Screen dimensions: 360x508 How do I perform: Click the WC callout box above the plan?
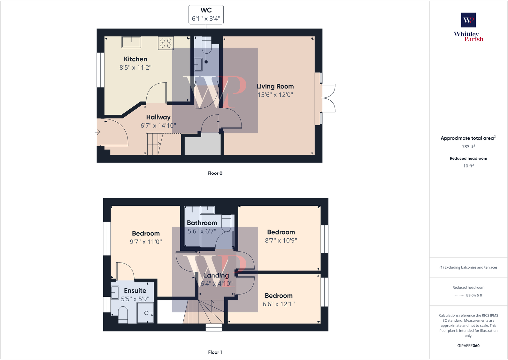[206, 15]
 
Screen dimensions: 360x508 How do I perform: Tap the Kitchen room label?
[135, 59]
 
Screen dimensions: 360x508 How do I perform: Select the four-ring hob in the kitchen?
[166, 43]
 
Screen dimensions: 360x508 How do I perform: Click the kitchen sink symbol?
[131, 42]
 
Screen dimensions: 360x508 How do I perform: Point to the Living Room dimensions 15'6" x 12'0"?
[275, 95]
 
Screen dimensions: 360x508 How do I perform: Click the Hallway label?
[158, 117]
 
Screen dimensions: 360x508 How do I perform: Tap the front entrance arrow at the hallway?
[98, 132]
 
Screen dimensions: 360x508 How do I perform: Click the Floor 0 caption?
[215, 173]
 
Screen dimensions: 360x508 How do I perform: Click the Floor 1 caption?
[215, 352]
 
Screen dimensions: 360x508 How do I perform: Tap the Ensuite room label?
[135, 291]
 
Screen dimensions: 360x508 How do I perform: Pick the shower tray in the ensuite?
[145, 313]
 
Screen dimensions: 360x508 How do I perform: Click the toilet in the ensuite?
[123, 314]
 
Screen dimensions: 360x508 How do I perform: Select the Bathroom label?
[202, 223]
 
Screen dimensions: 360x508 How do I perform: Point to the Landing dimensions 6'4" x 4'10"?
[216, 284]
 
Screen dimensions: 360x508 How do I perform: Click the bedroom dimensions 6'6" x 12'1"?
[279, 304]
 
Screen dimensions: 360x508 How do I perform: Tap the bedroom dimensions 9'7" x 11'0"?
[146, 242]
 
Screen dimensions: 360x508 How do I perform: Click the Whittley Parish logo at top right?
[468, 27]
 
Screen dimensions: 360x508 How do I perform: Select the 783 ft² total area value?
[468, 147]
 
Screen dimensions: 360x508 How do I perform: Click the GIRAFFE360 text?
[468, 346]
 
